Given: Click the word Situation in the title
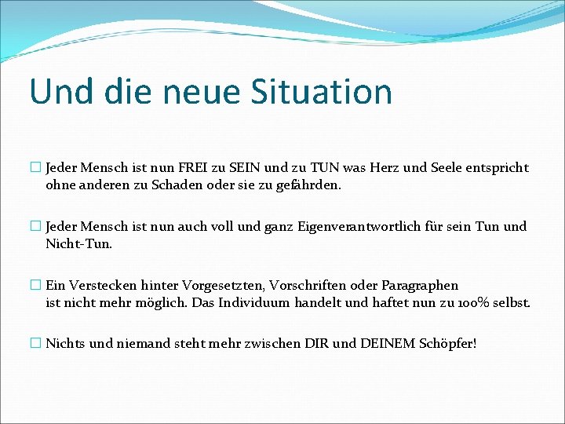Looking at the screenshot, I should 321,91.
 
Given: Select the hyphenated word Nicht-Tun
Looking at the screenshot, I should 79,244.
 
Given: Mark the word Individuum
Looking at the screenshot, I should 253,302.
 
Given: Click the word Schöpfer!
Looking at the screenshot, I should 449,343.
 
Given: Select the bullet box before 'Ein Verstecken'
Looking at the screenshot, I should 35,285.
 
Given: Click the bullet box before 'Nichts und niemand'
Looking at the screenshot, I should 35,343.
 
